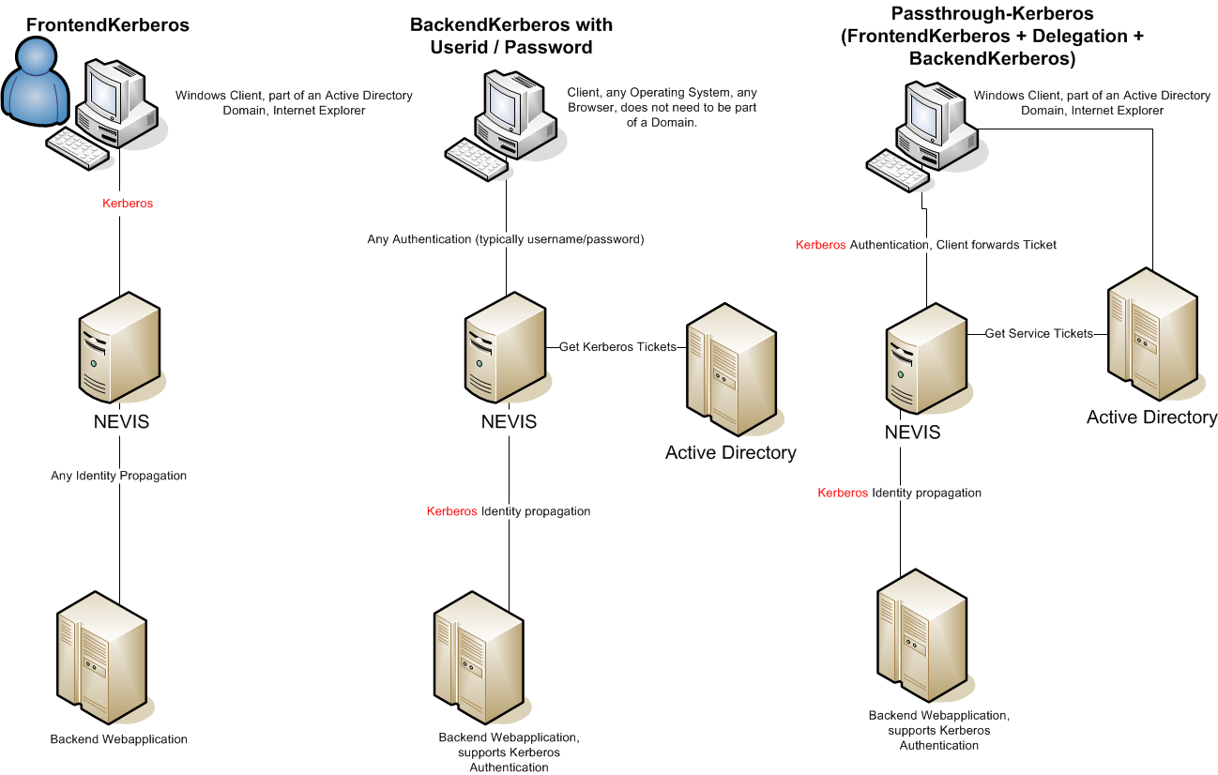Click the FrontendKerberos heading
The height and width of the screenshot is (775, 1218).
[x=108, y=25]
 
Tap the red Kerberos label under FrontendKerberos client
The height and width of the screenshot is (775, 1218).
[x=128, y=203]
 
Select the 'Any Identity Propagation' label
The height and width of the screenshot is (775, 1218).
[x=118, y=476]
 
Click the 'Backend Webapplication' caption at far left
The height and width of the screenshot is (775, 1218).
[x=118, y=739]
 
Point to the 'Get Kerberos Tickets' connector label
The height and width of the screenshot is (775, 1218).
[x=617, y=347]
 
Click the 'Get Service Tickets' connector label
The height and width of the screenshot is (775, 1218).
[x=1039, y=333]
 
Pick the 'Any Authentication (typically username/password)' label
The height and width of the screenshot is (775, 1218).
[x=506, y=239]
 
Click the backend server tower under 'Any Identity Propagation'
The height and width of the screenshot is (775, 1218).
[x=101, y=656]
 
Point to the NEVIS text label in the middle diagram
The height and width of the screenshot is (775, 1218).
[x=509, y=422]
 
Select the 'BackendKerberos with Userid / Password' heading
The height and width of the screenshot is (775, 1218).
[x=511, y=36]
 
